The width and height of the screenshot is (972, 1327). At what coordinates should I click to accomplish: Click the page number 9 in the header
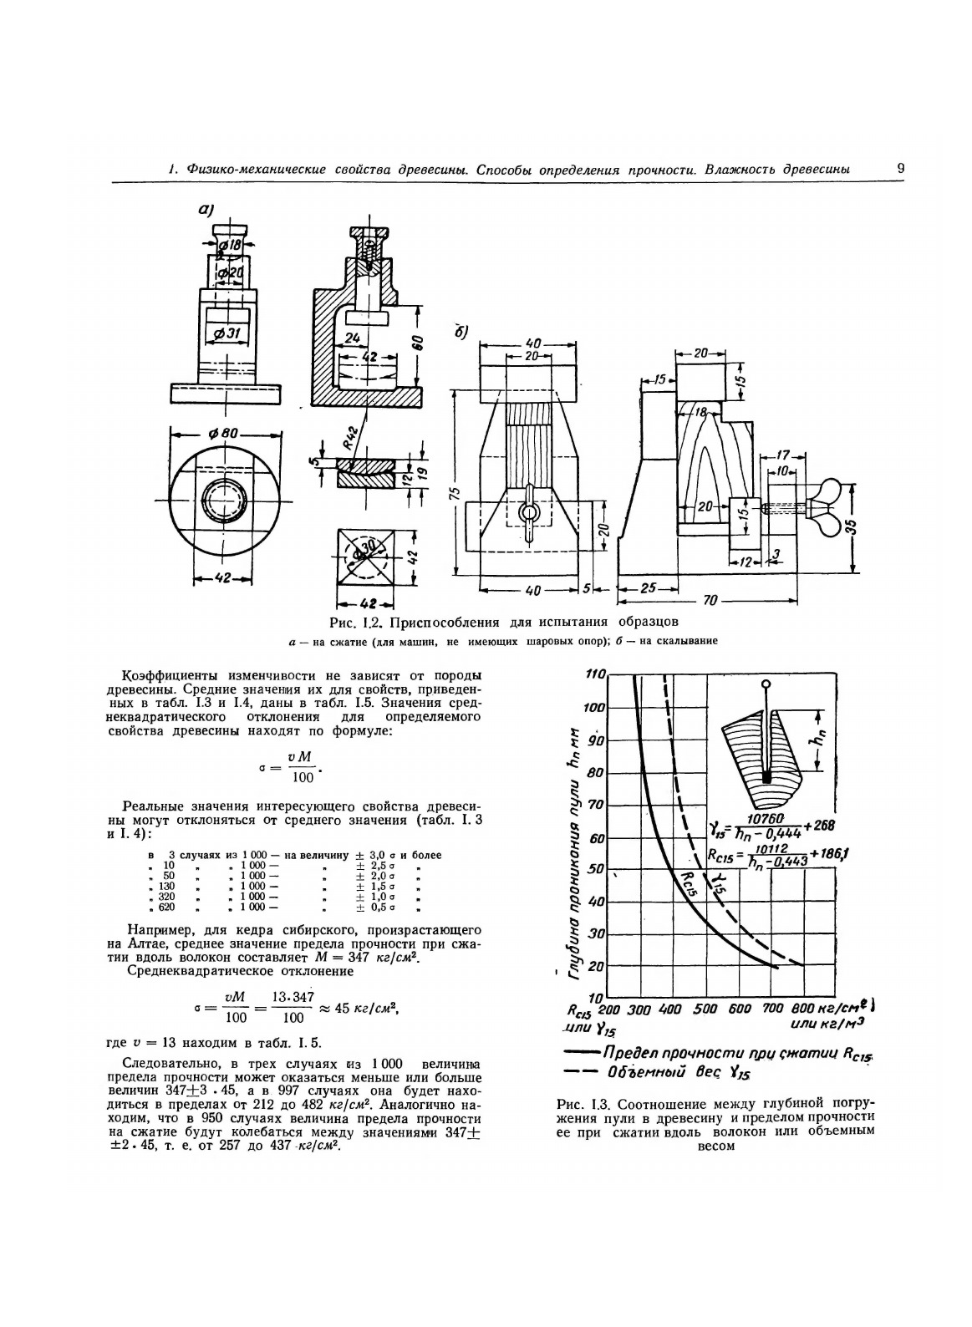[900, 168]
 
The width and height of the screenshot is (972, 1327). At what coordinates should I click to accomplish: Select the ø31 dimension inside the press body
[227, 333]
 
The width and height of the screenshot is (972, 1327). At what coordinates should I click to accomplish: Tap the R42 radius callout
[351, 435]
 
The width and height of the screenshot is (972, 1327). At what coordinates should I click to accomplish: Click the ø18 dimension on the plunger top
[229, 245]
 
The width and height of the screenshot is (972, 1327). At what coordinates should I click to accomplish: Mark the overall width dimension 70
[710, 600]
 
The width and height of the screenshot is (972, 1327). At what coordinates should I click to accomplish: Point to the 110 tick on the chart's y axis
[594, 675]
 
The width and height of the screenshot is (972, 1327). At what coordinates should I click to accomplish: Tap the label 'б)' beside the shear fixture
[461, 332]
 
